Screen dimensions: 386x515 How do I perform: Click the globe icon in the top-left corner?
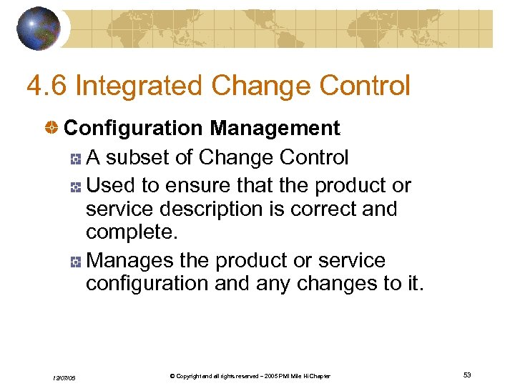(39, 28)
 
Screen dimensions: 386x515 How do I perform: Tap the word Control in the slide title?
(365, 86)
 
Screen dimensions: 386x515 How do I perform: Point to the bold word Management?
(275, 129)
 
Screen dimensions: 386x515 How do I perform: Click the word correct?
(331, 209)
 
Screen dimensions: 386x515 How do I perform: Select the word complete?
(129, 232)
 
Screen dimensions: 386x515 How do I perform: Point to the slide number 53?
(467, 375)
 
